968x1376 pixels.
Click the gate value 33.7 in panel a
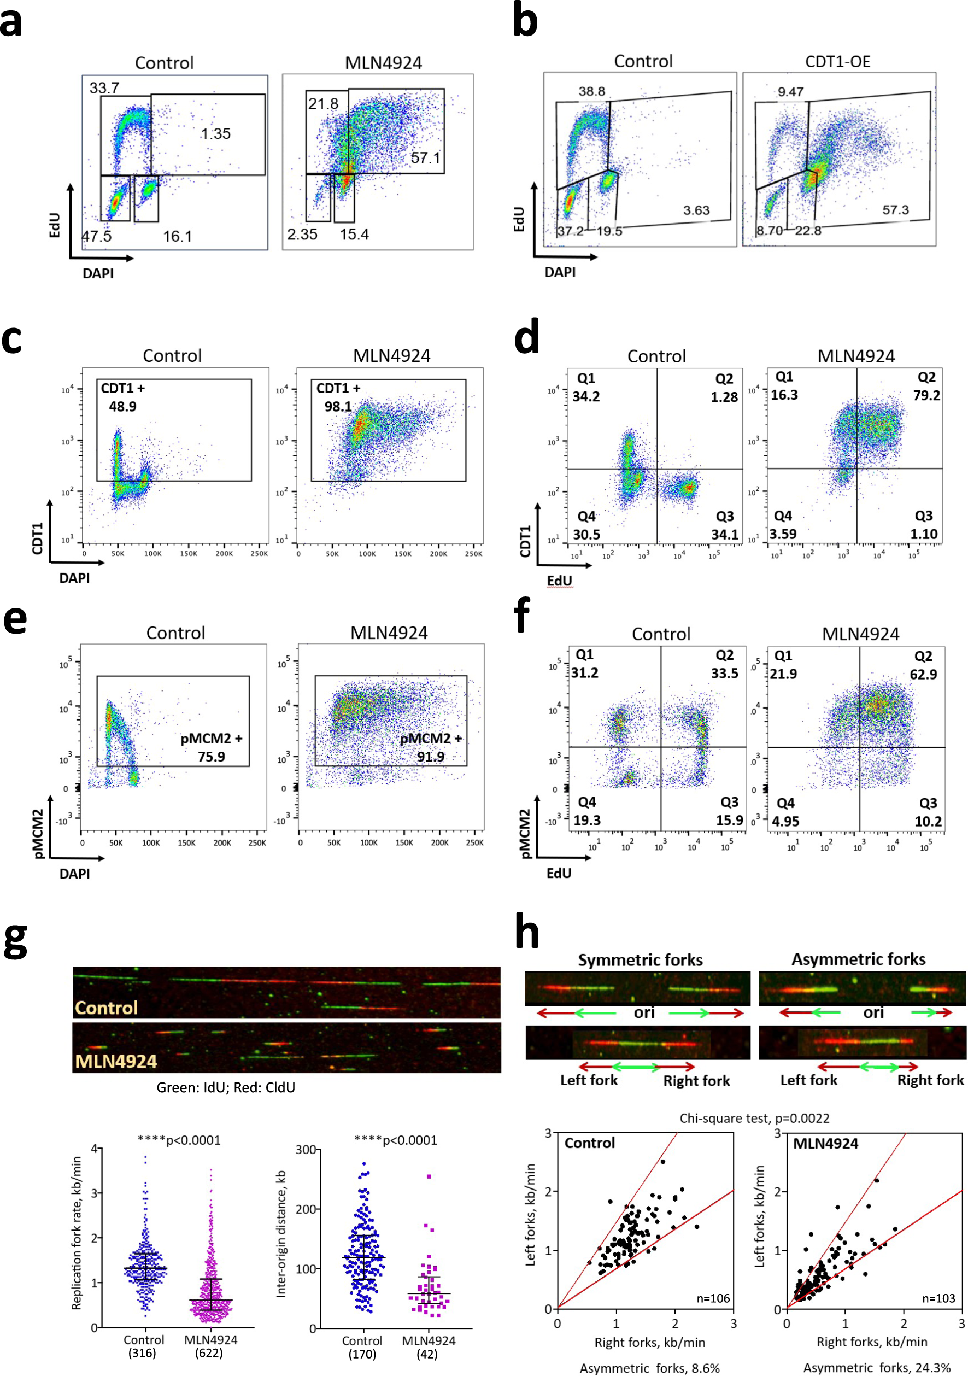click(x=104, y=88)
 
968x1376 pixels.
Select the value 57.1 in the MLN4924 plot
click(x=425, y=158)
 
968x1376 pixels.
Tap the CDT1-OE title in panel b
click(x=837, y=62)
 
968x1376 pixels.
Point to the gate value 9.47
click(x=790, y=92)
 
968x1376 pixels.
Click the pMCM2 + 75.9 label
click(x=212, y=747)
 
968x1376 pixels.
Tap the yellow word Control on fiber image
click(x=106, y=1008)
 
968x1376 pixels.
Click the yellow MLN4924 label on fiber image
click(x=116, y=1061)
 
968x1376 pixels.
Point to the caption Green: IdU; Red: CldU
click(x=226, y=1088)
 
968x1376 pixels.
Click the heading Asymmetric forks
click(x=858, y=959)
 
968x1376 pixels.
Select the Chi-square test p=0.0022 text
click(x=754, y=1119)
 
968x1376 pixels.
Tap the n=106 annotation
click(x=713, y=1298)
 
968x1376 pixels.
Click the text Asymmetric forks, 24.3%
click(x=876, y=1368)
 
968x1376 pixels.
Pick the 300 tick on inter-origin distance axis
click(x=306, y=1150)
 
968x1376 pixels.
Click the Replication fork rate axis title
click(x=77, y=1233)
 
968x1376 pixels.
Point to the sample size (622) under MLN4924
click(x=208, y=1353)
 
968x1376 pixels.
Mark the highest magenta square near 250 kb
click(x=429, y=1176)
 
